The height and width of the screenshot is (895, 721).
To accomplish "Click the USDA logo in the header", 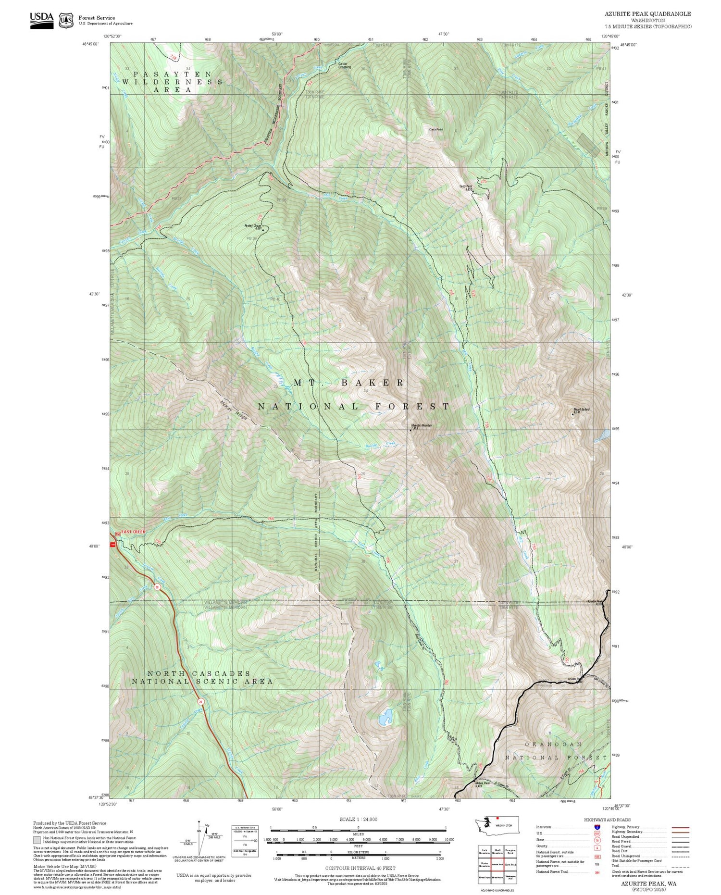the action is coord(42,20).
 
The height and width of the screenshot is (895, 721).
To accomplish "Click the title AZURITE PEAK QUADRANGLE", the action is coord(648,14).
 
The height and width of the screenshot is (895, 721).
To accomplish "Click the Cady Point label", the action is coord(436,129).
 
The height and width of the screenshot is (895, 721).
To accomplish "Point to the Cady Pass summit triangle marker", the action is coord(472,191).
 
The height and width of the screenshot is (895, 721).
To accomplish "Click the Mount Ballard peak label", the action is coord(581,410).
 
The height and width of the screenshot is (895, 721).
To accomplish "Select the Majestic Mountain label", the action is coord(422,425).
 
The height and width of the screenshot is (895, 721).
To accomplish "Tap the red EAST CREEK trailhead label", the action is coord(133,532).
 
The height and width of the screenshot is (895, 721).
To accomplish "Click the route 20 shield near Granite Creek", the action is coord(157,587).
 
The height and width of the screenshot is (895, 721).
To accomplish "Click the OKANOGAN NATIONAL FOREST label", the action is coord(556,751).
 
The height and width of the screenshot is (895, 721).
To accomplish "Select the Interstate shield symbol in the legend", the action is coord(597,827).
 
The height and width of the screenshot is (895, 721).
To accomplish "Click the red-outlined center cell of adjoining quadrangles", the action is coord(497,864).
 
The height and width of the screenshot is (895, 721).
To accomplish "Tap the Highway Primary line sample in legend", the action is coord(678,827).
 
